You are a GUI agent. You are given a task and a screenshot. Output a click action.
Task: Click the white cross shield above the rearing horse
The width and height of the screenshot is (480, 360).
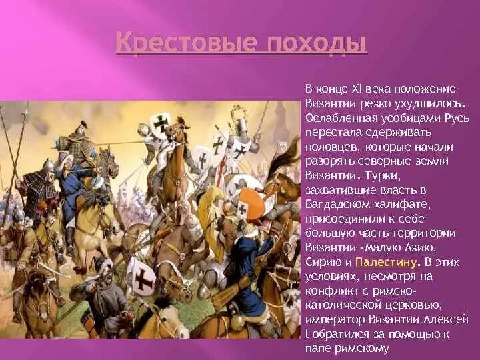(159, 124)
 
